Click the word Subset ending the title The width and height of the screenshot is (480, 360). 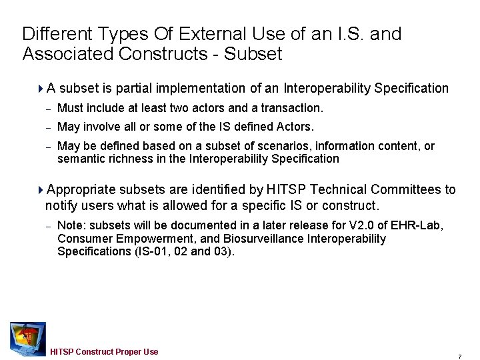click(253, 54)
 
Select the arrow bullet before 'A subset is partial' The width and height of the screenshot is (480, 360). click(41, 88)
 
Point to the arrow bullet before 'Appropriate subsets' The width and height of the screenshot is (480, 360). click(41, 190)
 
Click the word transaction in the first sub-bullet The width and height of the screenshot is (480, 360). click(292, 108)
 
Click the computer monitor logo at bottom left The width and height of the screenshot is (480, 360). click(27, 337)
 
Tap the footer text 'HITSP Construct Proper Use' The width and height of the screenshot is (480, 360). click(104, 351)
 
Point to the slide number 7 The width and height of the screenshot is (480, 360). click(459, 354)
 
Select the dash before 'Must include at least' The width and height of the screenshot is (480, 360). click(49, 108)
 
